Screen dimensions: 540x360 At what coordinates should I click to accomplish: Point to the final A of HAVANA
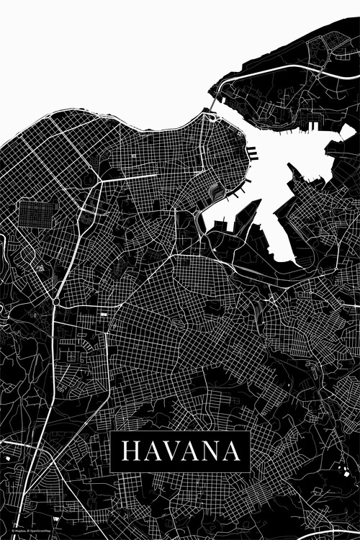(x=232, y=451)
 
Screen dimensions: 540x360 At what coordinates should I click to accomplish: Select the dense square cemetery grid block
(x=37, y=214)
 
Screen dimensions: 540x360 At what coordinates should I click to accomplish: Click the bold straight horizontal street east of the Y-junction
(x=133, y=176)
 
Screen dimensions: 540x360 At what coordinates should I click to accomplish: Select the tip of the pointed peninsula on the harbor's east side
(x=292, y=167)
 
